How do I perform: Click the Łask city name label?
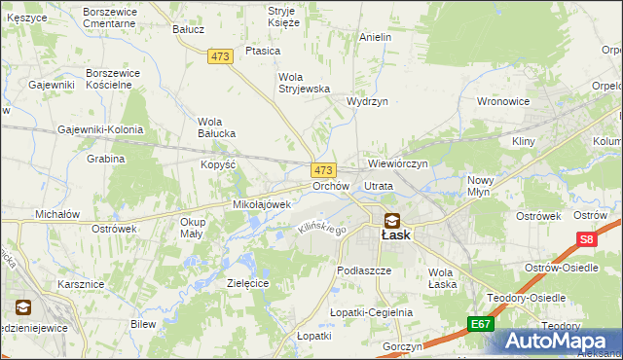coord(394,235)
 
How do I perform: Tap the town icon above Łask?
coord(391,220)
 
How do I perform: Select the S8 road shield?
coord(585,238)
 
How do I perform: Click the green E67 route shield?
coord(478,324)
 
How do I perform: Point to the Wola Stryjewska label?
coord(305,83)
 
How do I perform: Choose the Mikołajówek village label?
coord(262,205)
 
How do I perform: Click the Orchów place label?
coord(330,186)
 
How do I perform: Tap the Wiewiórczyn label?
coord(398,163)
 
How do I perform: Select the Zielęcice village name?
coord(247,283)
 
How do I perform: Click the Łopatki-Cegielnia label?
coord(371,312)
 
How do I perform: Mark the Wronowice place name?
coord(503,101)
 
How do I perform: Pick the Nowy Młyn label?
coord(481,186)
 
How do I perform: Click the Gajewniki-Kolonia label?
coord(100,129)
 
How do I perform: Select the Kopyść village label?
coord(219,164)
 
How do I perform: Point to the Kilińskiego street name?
coord(321,229)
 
